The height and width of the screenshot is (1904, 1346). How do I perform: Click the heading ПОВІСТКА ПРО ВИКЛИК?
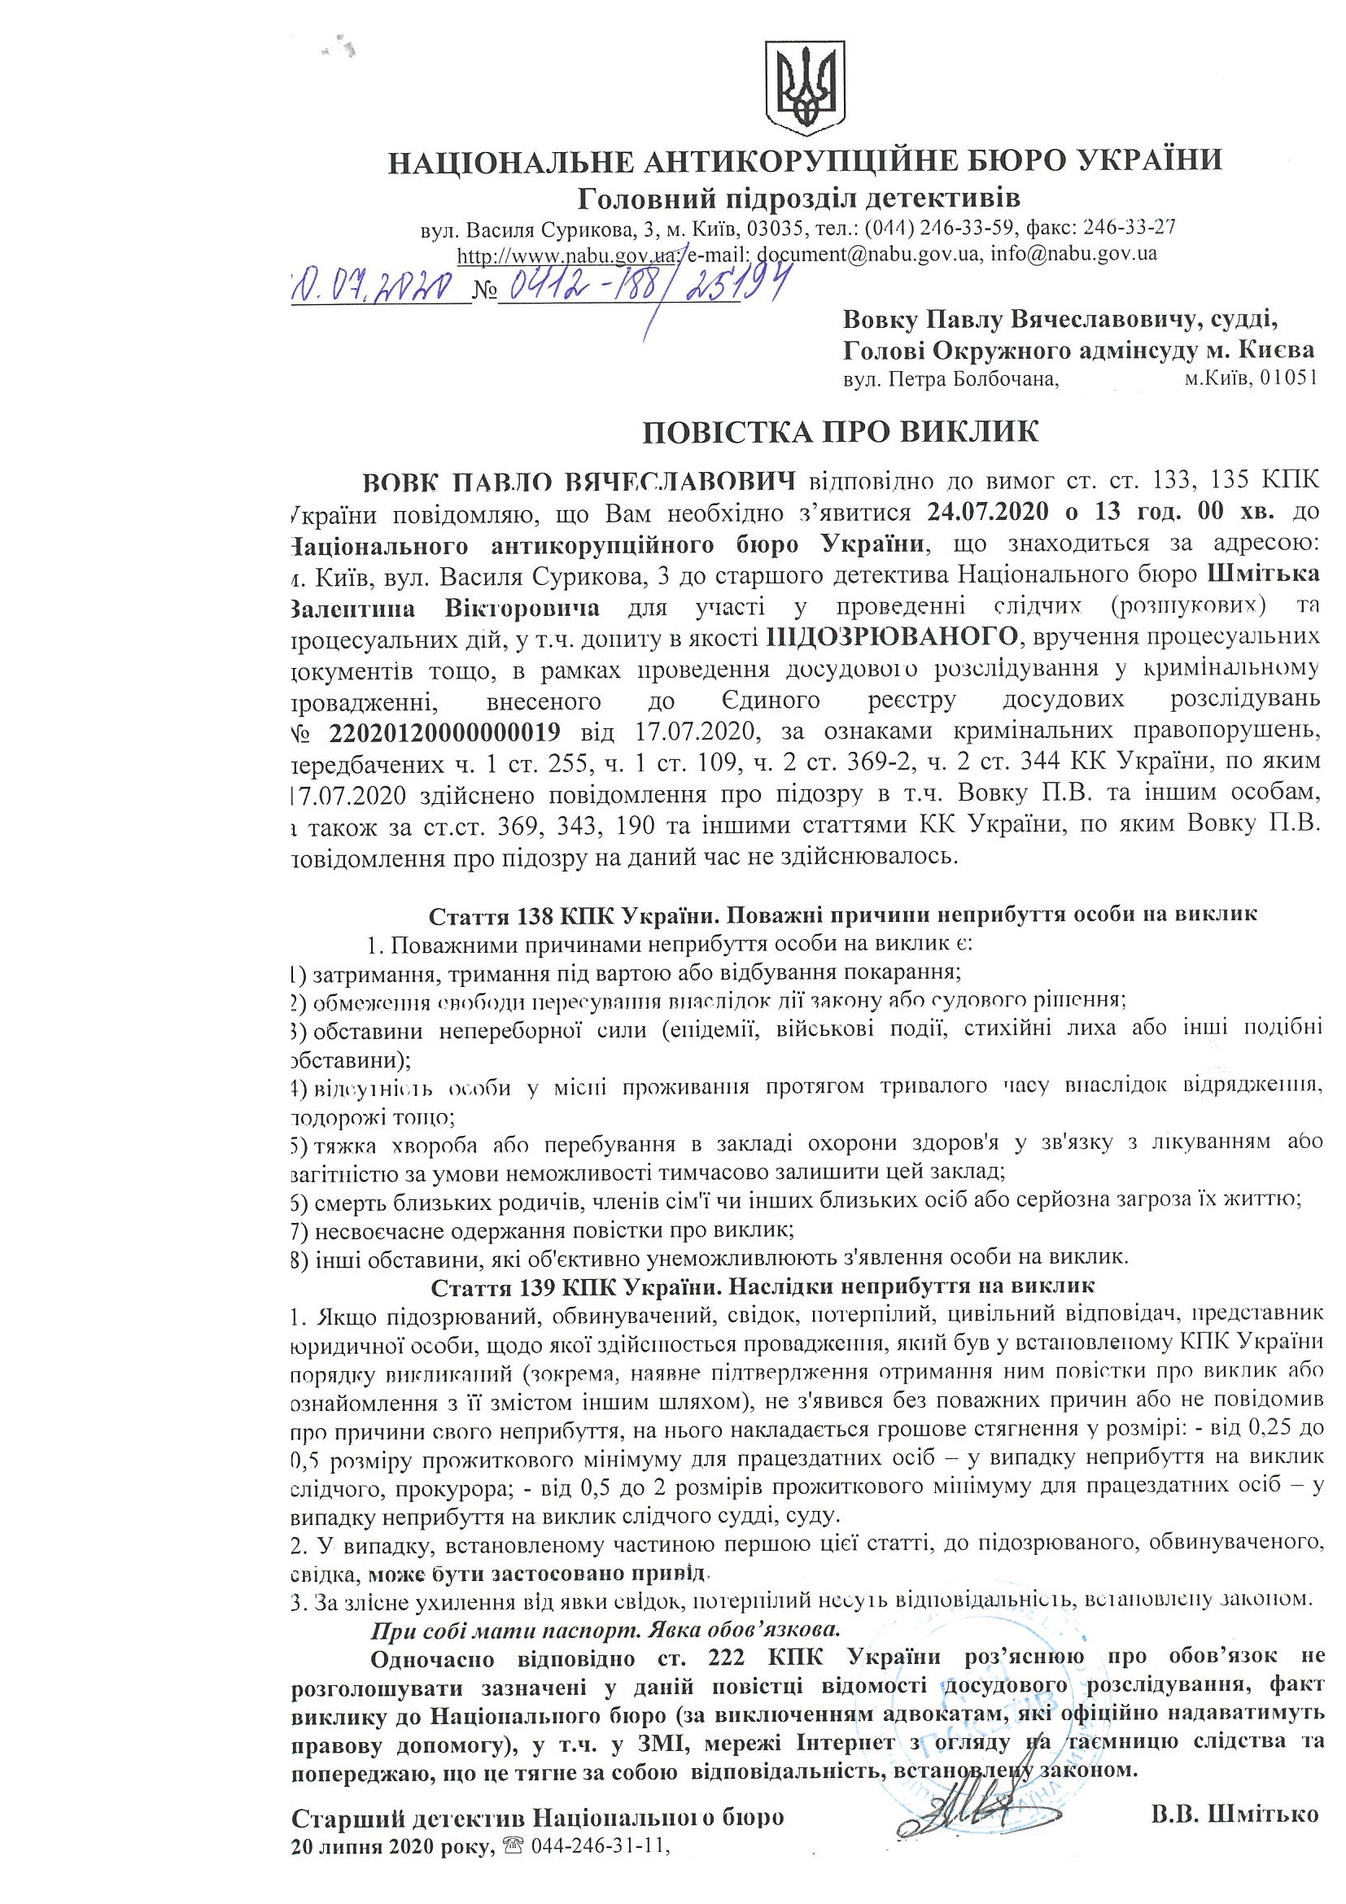840,432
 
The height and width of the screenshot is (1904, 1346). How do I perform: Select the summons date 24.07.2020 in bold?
984,512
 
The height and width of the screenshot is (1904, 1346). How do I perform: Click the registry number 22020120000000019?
443,732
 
